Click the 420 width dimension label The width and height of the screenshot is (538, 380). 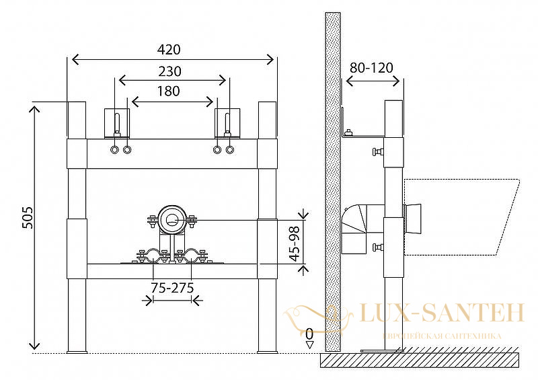169,50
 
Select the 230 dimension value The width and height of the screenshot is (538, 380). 170,71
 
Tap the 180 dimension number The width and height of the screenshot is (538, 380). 169,91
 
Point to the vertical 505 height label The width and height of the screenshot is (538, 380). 27,217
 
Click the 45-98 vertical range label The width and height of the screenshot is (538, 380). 295,243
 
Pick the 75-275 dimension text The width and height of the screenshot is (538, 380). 172,288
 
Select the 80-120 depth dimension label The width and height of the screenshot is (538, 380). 371,68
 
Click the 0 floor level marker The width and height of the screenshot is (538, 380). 309,334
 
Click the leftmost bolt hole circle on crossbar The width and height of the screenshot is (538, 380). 114,150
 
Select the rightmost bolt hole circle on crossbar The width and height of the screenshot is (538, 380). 229,150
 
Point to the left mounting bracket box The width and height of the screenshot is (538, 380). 117,124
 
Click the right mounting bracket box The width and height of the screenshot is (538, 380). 227,124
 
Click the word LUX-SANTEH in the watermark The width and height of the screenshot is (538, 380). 442,313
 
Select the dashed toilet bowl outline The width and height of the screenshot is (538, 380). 461,217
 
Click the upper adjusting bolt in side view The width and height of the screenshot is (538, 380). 378,151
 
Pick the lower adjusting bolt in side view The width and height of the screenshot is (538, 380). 378,247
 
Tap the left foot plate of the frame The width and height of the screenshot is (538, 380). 77,352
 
